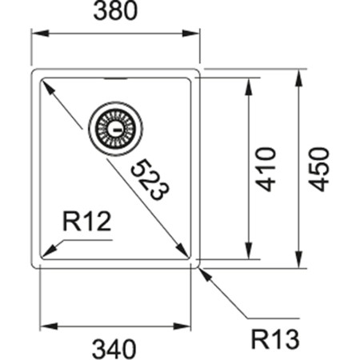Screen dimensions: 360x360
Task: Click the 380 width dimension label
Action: click(114, 13)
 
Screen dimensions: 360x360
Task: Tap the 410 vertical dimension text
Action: click(266, 168)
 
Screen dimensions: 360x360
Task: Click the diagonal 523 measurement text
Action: click(149, 179)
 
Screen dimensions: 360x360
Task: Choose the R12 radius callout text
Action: click(86, 222)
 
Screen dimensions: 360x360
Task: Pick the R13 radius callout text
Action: click(274, 340)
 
